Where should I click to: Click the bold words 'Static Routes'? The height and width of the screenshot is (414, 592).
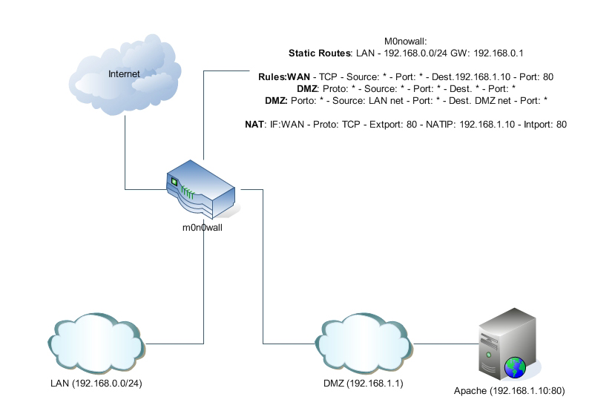pos(318,53)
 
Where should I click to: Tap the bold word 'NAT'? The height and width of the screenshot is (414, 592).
pos(254,125)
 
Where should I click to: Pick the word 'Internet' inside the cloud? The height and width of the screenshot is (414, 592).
pos(124,73)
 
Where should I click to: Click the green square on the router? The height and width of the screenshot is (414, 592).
pos(174,181)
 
